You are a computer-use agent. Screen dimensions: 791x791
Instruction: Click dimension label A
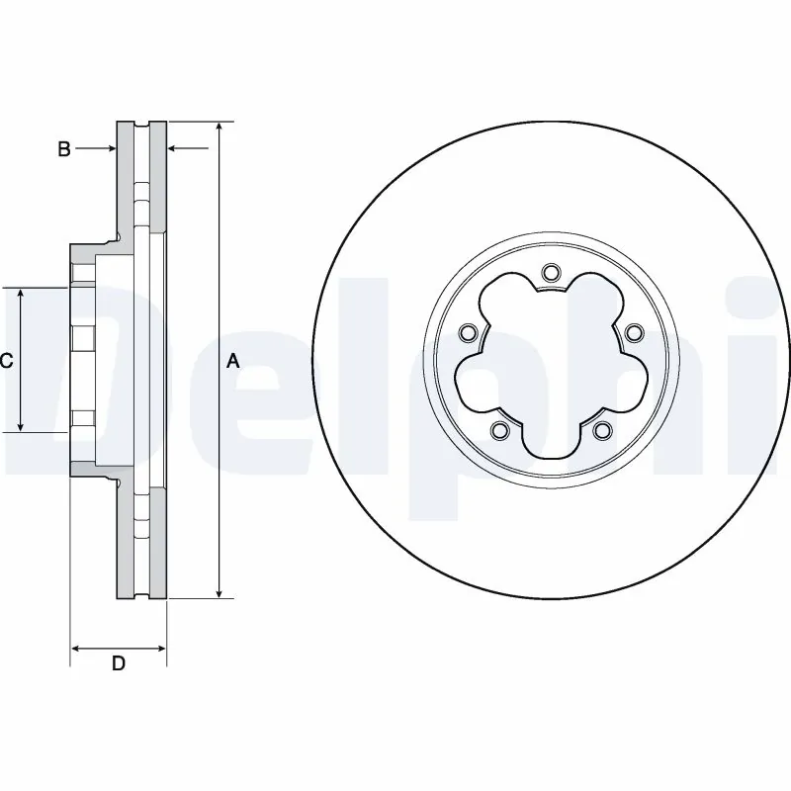[x=233, y=361]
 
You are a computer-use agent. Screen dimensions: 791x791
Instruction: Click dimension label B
[x=63, y=149]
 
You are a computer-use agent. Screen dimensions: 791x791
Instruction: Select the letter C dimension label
[x=6, y=361]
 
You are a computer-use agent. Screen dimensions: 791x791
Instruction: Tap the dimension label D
[x=118, y=663]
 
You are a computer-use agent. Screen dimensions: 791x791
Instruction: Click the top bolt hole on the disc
[x=551, y=272]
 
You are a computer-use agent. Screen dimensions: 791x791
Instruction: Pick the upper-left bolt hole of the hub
[x=470, y=331]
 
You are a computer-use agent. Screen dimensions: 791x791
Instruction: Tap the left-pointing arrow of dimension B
[x=173, y=149]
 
